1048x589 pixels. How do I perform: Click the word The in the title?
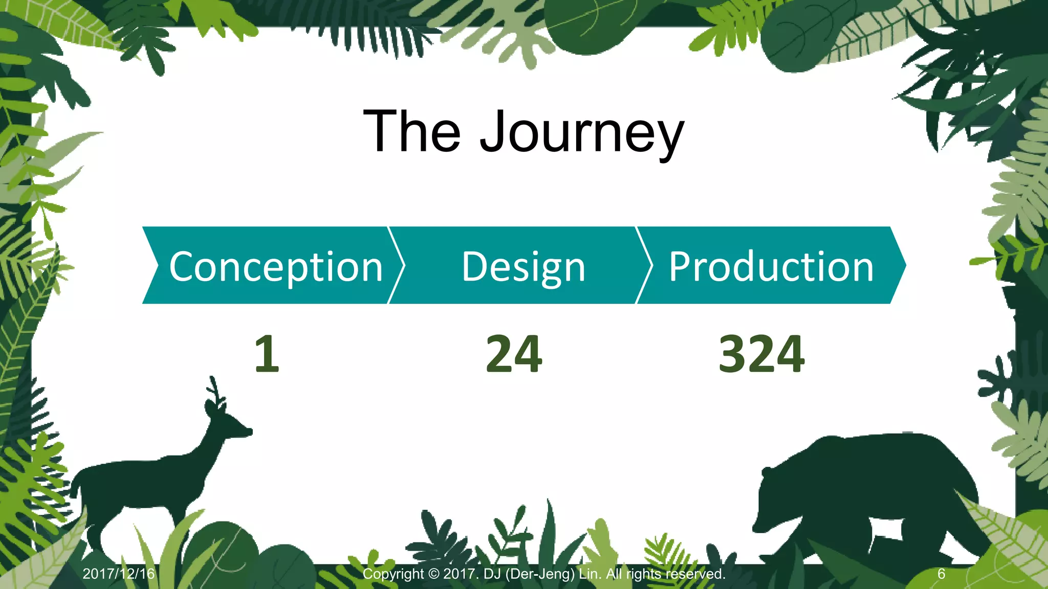coord(412,132)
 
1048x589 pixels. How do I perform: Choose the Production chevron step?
coord(771,266)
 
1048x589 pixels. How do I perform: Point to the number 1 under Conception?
coord(267,354)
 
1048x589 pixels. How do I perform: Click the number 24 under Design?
coord(514,354)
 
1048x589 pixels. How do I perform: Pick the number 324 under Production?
coord(761,354)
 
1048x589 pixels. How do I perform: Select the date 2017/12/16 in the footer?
coord(118,574)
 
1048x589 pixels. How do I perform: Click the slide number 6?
coord(941,574)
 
